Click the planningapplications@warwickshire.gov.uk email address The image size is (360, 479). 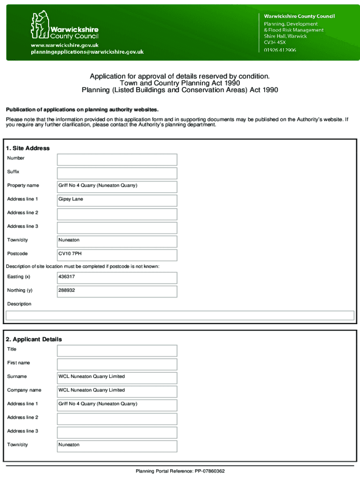click(87, 52)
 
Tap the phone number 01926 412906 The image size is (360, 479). click(280, 50)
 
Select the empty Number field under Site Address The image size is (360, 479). click(117, 160)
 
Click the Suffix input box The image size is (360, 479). click(117, 173)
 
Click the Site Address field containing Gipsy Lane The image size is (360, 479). click(117, 201)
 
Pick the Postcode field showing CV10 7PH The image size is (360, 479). click(117, 255)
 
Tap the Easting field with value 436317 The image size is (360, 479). click(117, 278)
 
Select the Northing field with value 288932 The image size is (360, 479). click(117, 291)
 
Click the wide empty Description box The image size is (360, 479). click(180, 316)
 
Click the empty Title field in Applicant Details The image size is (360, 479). click(117, 351)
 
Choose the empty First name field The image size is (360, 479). click(117, 364)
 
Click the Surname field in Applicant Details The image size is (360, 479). click(117, 378)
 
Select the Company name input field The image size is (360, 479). click(117, 392)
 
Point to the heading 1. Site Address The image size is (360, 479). click(28, 148)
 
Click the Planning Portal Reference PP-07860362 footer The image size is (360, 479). click(180, 471)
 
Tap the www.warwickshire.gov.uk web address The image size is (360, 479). click(65, 45)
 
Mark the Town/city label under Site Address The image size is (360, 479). click(17, 240)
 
